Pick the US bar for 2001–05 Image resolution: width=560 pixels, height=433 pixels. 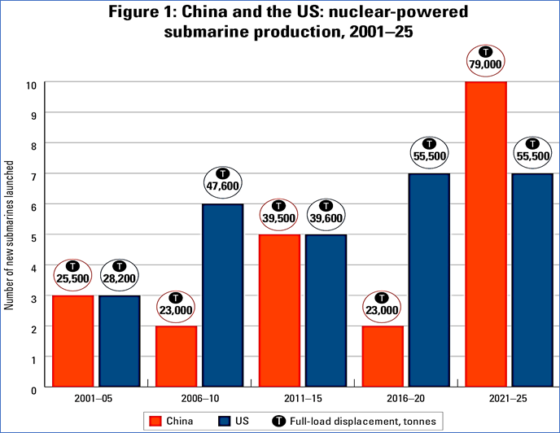(120, 341)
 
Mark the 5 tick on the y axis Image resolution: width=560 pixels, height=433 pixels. (33, 235)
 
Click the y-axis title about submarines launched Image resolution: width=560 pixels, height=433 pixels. (11, 236)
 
